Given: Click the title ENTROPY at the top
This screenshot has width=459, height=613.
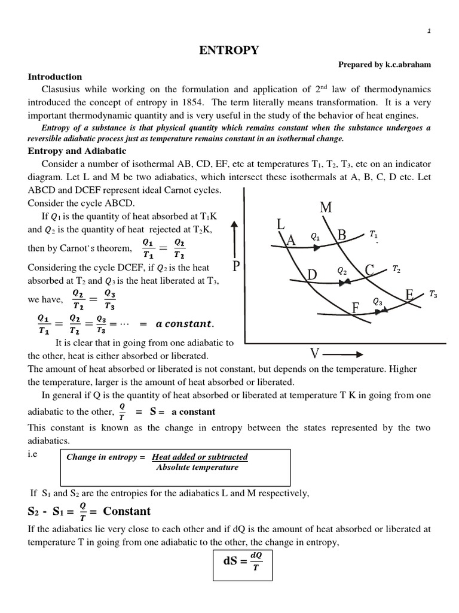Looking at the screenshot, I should pyautogui.click(x=229, y=51).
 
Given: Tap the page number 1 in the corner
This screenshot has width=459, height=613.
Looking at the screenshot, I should pyautogui.click(x=429, y=32).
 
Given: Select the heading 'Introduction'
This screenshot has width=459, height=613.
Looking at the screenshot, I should pyautogui.click(x=55, y=77).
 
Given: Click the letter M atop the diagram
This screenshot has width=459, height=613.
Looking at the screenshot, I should pyautogui.click(x=326, y=207).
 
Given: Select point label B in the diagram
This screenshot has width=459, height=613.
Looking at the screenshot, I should pyautogui.click(x=342, y=235).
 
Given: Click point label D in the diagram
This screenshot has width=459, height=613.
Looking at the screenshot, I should pyautogui.click(x=312, y=274).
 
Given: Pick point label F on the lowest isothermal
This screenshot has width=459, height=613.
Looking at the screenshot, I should pyautogui.click(x=356, y=308).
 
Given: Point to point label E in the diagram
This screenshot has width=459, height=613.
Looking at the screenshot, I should pyautogui.click(x=410, y=295).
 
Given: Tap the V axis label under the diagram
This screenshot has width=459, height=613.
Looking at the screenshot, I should pyautogui.click(x=314, y=351).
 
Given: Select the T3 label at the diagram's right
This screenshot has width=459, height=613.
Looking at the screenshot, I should pyautogui.click(x=433, y=294).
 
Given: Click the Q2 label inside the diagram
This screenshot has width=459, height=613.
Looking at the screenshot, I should pyautogui.click(x=342, y=271).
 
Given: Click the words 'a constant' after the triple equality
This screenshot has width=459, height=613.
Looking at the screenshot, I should pyautogui.click(x=184, y=324).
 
